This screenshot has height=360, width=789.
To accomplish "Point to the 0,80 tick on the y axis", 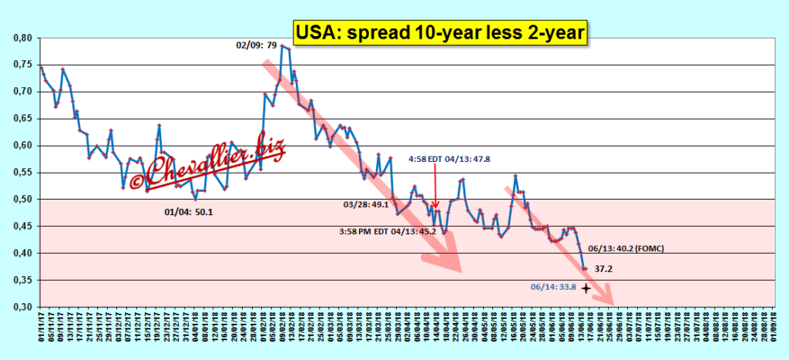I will coord(23,38).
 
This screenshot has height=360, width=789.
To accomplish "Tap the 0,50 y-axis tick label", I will coord(23,200).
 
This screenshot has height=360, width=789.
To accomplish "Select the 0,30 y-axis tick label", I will coord(23,308).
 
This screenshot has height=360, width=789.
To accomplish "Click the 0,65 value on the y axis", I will coord(23,119).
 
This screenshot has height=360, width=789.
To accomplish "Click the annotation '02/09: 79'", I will coord(256,45).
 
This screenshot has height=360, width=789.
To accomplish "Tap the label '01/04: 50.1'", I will coord(189,210).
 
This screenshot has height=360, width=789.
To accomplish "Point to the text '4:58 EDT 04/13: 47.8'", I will coord(450,159).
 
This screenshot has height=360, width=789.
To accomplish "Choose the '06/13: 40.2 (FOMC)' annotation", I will coord(626,248).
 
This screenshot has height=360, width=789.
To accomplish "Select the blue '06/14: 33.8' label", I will coord(552,288).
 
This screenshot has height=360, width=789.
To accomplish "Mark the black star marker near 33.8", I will coord(586,288).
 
